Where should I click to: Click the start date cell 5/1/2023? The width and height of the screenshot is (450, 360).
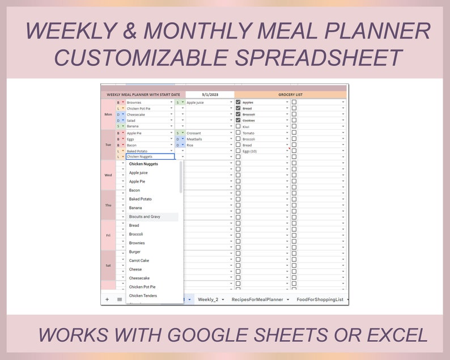[x=210, y=95]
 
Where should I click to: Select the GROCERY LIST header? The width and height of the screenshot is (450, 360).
[x=290, y=95]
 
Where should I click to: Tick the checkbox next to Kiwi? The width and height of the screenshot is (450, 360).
[x=238, y=127]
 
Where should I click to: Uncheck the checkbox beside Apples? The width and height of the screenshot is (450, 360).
[x=238, y=103]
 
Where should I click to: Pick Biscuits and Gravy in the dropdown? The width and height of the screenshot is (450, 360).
[x=145, y=217]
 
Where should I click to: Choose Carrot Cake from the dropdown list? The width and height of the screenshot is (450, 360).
[x=139, y=261]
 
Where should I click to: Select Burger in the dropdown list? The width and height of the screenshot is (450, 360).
[x=135, y=252]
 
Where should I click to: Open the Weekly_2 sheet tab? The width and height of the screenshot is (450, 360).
[x=208, y=299]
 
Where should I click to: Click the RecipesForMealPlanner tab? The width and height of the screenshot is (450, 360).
[x=257, y=299]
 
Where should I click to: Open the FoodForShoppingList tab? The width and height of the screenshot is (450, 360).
[x=320, y=299]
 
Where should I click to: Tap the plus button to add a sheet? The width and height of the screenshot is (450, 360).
[x=107, y=299]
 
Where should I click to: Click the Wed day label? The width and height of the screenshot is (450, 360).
[x=108, y=175]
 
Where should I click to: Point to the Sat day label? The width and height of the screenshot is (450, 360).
[x=108, y=265]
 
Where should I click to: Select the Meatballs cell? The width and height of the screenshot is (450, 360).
[x=194, y=139]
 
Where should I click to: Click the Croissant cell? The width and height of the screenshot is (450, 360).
[x=194, y=133]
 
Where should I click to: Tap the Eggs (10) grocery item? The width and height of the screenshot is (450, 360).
[x=250, y=151]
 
